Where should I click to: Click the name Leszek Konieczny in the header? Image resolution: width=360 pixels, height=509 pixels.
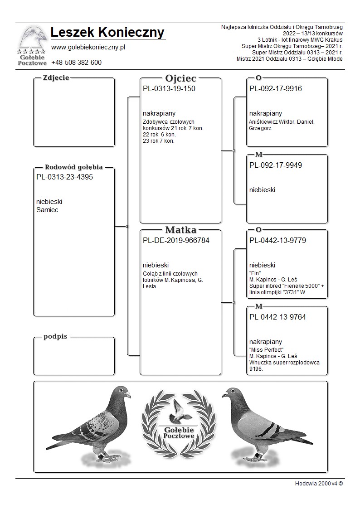107,33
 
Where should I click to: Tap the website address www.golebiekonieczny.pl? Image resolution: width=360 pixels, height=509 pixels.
88,47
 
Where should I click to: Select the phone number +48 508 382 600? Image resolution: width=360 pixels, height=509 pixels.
76,63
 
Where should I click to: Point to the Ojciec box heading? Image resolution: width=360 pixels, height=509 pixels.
180,78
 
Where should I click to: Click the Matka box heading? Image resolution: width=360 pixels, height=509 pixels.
180,230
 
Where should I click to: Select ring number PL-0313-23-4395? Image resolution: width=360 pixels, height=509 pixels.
64,177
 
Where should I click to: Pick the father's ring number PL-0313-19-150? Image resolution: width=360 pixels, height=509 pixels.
169,89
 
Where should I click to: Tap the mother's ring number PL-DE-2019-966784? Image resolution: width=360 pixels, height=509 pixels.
176,241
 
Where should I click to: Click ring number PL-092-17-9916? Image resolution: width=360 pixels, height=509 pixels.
275,89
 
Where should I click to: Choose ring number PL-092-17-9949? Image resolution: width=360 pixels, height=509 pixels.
275,165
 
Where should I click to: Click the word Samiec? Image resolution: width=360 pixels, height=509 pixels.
47,210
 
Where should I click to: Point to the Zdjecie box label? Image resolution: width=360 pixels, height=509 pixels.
56,78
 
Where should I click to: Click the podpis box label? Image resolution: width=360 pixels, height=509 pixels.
55,337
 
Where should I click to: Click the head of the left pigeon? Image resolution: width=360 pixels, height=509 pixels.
121,392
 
